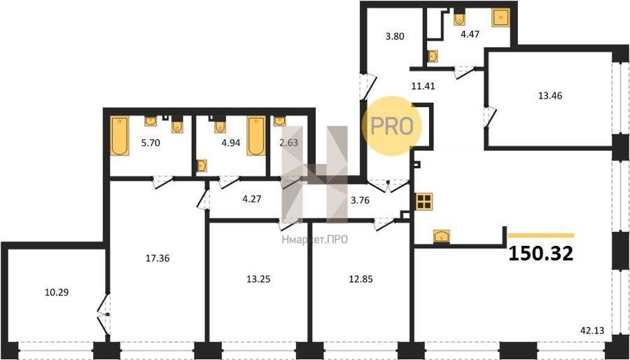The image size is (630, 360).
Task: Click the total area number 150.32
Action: click(x=541, y=254)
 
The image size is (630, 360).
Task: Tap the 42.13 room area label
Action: click(x=593, y=331)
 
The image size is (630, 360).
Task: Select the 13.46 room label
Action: click(x=550, y=96)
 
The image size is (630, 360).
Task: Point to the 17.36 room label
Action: click(x=157, y=258)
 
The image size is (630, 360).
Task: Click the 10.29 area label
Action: click(x=57, y=292)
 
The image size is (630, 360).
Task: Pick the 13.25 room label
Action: click(x=258, y=279)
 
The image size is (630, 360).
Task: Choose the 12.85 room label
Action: click(x=360, y=279)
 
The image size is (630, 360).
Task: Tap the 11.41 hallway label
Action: click(x=423, y=85)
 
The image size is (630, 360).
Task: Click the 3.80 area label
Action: click(x=395, y=36)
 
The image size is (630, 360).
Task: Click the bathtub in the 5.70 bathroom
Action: click(x=120, y=136)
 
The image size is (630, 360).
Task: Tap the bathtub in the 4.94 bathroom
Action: click(x=256, y=136)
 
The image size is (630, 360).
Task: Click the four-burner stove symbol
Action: click(x=424, y=201)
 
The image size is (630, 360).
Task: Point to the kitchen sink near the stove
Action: click(x=442, y=236)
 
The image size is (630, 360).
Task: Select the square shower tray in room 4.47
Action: click(x=501, y=18)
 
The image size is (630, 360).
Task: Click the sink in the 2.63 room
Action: click(x=279, y=121)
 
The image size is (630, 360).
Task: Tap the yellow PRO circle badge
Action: click(x=392, y=126)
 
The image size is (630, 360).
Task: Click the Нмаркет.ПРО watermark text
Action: click(x=314, y=240)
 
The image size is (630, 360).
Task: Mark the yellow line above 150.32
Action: click(x=541, y=235)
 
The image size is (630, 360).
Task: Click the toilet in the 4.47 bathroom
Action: click(x=460, y=18)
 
